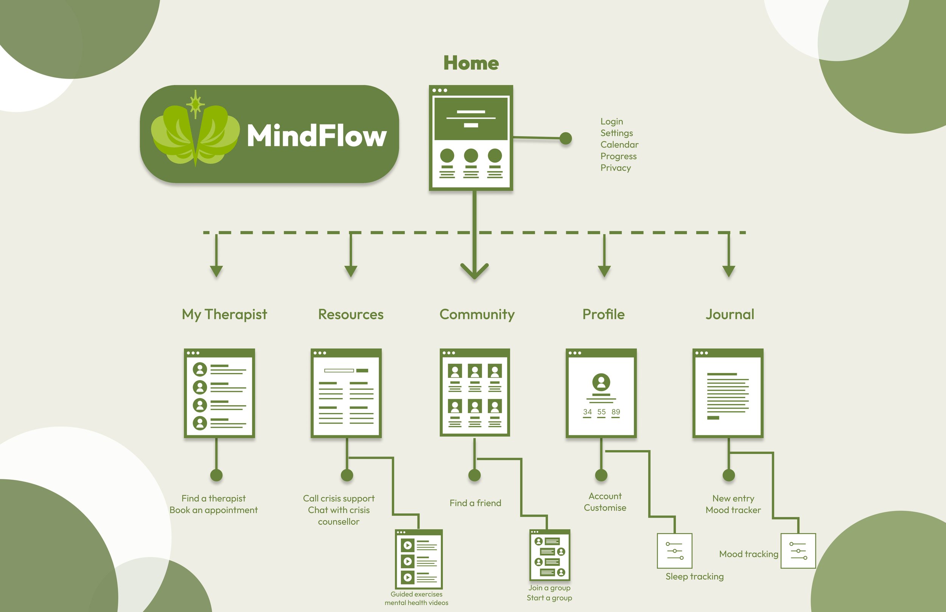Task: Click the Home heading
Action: click(471, 63)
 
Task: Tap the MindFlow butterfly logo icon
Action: click(195, 131)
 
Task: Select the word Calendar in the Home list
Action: click(619, 144)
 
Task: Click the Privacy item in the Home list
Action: click(615, 168)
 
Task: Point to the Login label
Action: click(612, 121)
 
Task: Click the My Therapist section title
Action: click(224, 314)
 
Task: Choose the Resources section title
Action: click(350, 314)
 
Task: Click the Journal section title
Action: click(730, 314)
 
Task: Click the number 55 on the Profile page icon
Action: click(601, 412)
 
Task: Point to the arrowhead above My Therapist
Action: click(216, 271)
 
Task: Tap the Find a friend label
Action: click(475, 503)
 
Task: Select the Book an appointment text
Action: click(213, 510)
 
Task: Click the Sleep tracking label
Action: click(694, 576)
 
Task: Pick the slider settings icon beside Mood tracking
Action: click(798, 551)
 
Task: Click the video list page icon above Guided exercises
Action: click(419, 559)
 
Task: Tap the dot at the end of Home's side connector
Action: click(566, 138)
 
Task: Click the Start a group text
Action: click(549, 598)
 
